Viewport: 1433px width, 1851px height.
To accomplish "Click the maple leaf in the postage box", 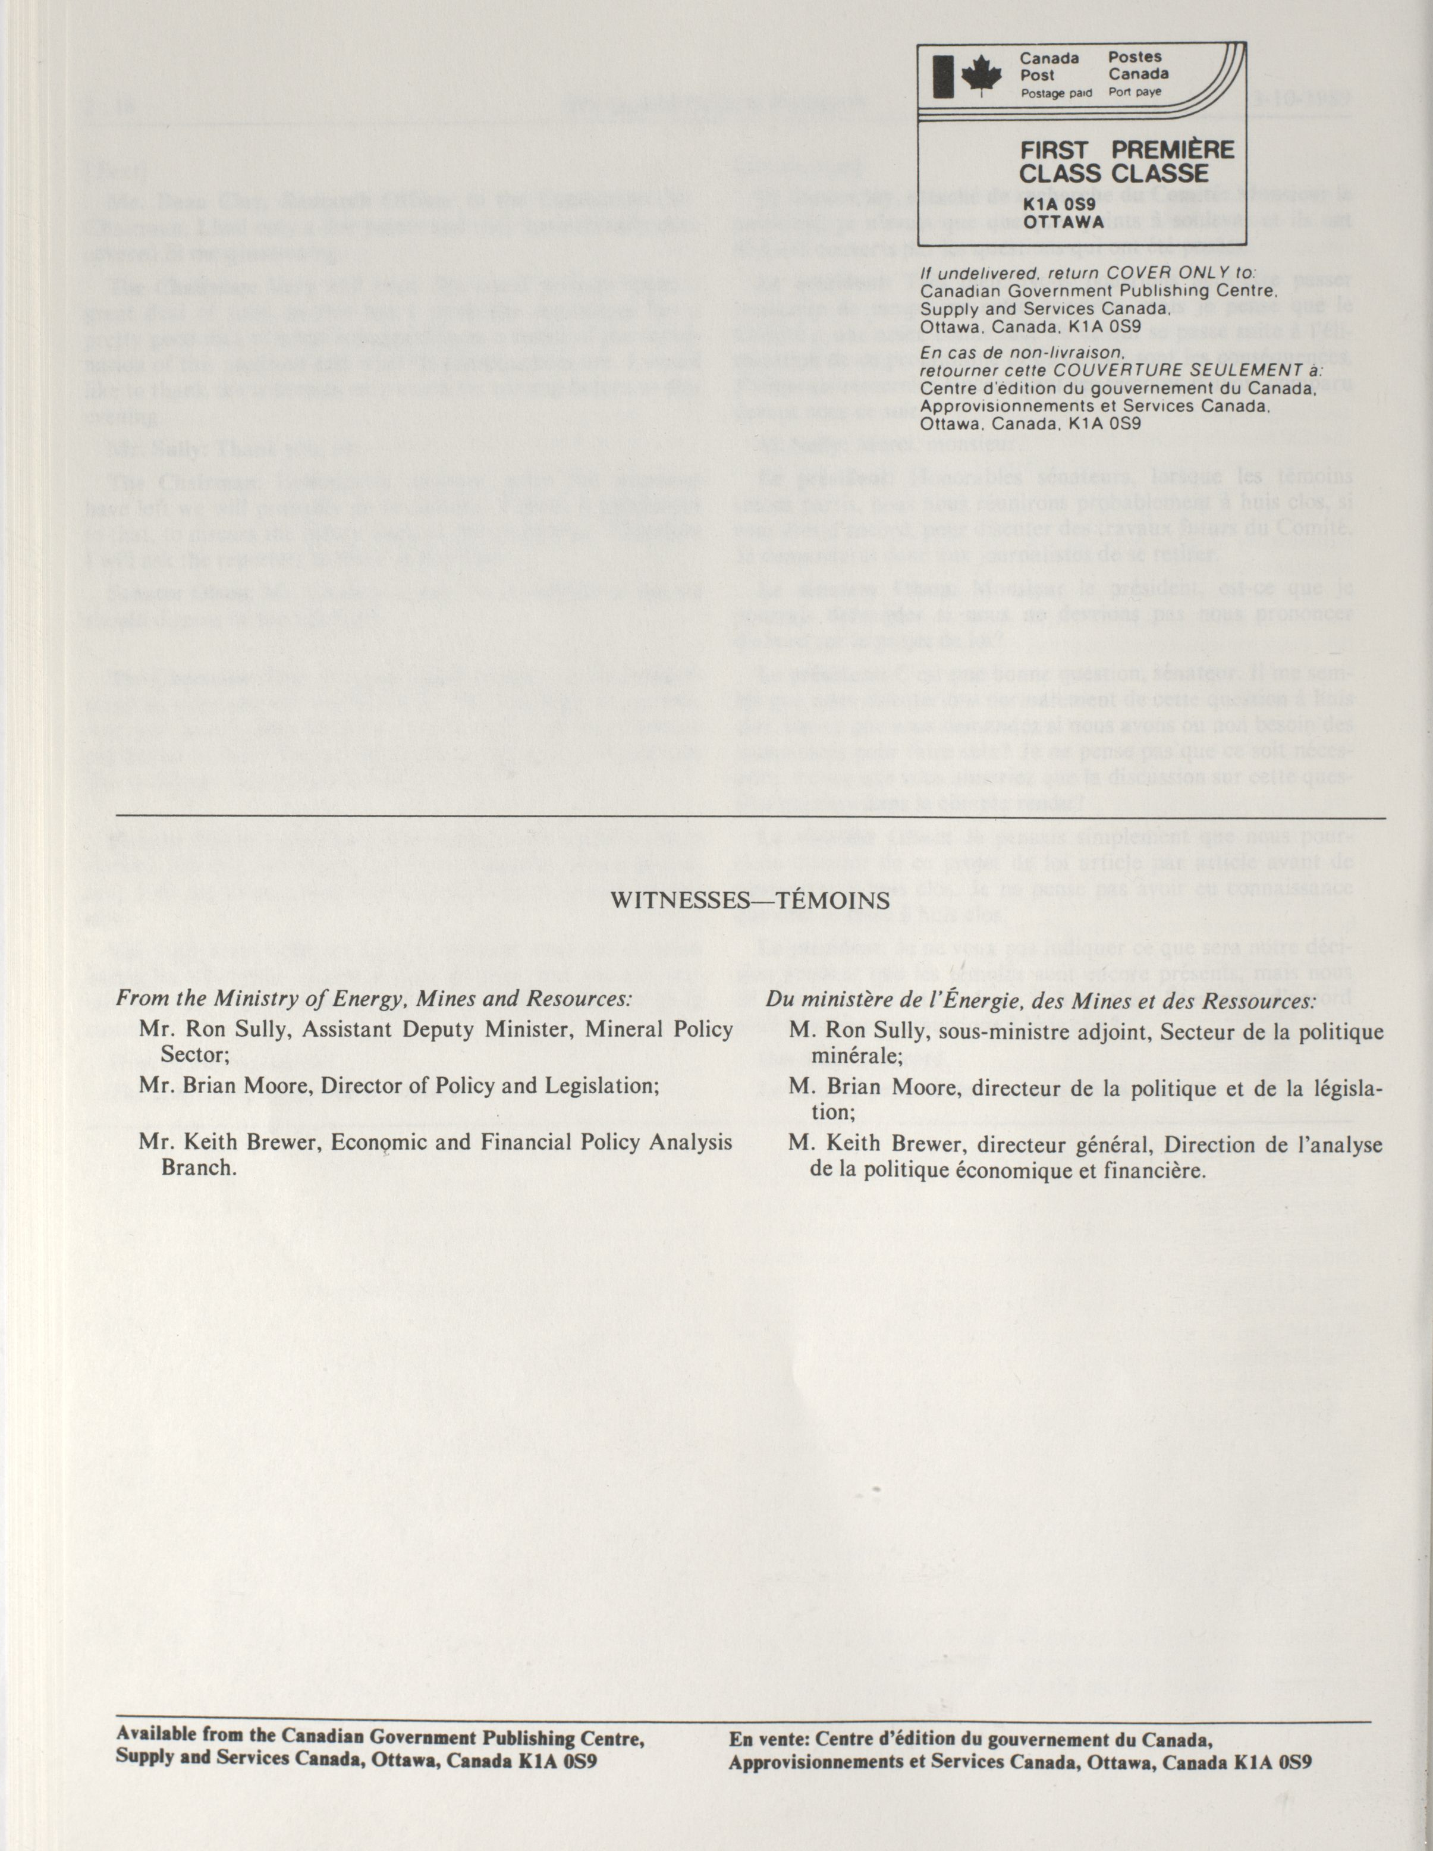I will click(981, 76).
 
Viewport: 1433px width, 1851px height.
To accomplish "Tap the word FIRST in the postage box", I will click(1054, 151).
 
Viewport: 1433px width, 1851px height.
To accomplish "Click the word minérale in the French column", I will click(859, 1057).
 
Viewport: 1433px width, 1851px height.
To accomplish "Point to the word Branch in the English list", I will click(197, 1167).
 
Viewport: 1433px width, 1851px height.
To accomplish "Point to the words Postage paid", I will click(1056, 93).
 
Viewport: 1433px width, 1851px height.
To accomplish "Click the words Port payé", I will click(1136, 92).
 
